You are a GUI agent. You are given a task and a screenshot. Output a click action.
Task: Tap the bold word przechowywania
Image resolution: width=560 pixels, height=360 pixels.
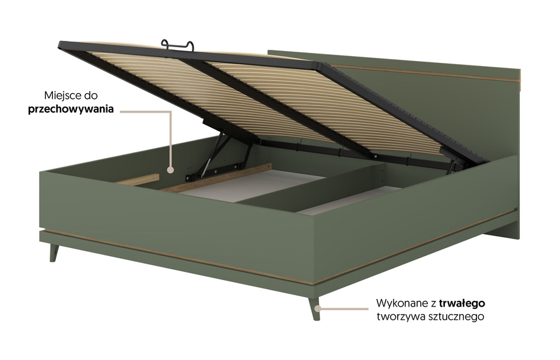(x=70, y=109)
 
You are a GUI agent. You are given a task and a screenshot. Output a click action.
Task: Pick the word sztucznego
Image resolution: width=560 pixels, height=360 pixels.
(x=457, y=317)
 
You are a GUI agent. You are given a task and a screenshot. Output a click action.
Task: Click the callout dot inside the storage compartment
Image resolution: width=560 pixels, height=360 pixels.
(x=171, y=170)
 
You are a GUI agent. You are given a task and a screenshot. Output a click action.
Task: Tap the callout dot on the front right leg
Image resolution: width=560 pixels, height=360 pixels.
(x=318, y=309)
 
